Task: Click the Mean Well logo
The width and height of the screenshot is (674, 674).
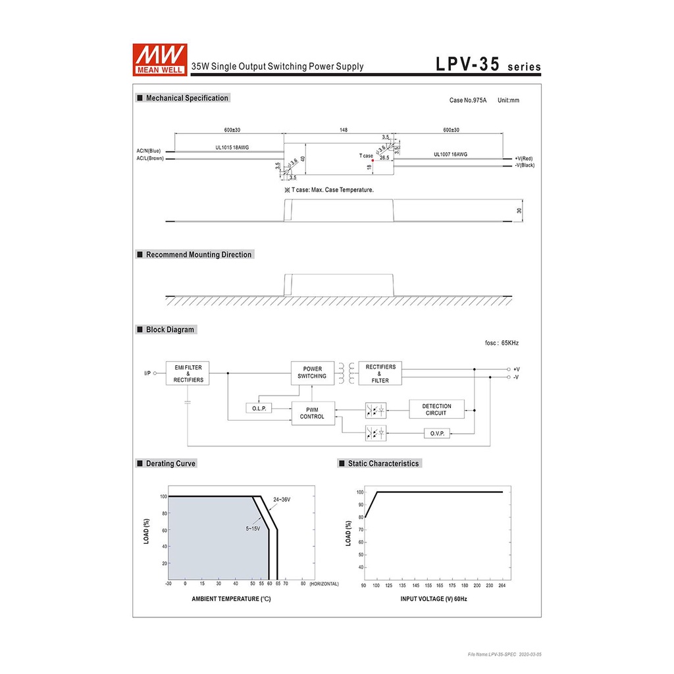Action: pos(160,60)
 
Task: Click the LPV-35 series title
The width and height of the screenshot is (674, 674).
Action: pos(488,65)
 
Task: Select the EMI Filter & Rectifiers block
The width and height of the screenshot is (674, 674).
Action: pos(188,373)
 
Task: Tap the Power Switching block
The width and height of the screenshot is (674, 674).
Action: pos(313,373)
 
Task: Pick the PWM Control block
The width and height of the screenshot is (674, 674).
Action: pos(313,413)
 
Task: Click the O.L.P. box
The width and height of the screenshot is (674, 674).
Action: pos(259,408)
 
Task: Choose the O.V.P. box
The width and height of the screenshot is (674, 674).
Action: pos(437,433)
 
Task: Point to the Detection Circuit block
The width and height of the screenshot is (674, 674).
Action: pos(437,409)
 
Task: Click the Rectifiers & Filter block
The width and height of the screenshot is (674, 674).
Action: pos(380,373)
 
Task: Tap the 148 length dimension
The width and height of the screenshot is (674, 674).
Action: pos(344,130)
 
